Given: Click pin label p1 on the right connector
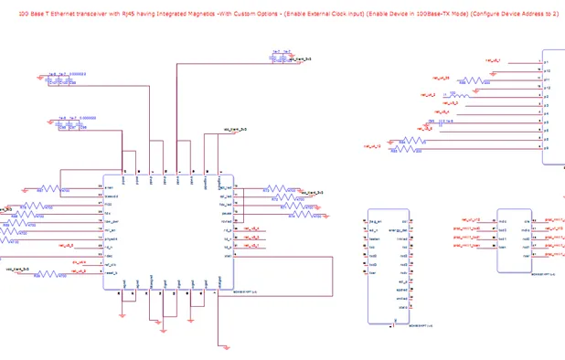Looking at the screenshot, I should click(x=546, y=62).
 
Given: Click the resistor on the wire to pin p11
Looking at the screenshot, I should click(x=472, y=79).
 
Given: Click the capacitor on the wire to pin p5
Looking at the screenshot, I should click(x=441, y=122).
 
